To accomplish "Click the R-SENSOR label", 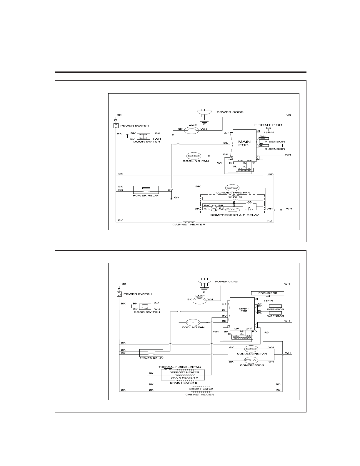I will (275, 142).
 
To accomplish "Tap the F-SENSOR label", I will (275, 309).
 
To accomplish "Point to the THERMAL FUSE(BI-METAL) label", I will (180, 367).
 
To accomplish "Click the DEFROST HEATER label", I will (184, 372).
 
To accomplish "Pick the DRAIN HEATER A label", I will (184, 377).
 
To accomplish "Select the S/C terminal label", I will (207, 209).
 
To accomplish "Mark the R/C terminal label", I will (207, 205).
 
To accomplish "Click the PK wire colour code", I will (221, 209).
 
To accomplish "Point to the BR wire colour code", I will (221, 205).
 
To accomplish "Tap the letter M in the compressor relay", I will (249, 202).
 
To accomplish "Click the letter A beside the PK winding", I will (249, 208).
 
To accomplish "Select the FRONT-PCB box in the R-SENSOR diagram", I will (268, 125).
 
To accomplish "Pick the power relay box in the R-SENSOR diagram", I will (146, 190).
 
